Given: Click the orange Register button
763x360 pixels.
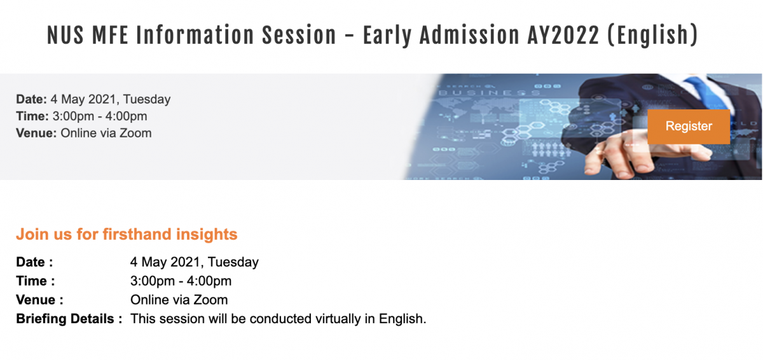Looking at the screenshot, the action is (689, 127).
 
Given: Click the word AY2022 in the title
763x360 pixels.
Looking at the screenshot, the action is (563, 35).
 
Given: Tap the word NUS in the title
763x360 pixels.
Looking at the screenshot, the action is (65, 35).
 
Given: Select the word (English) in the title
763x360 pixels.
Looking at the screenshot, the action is (653, 36).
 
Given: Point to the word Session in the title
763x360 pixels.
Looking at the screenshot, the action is (299, 35).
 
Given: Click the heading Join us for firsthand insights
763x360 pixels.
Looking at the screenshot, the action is (127, 234).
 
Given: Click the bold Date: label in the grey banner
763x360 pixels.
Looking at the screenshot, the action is (31, 99).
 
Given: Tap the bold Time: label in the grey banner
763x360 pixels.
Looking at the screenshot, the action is (32, 116).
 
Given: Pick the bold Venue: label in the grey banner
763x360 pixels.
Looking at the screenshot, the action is (36, 133).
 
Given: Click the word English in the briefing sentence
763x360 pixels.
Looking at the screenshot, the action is (402, 319).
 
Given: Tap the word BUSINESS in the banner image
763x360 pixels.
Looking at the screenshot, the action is (489, 93).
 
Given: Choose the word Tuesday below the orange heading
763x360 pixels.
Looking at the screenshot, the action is (233, 262).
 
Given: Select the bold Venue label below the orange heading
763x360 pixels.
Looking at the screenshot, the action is (36, 300).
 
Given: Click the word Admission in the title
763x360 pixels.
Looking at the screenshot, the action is (469, 35).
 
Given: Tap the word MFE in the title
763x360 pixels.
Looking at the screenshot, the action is (110, 35).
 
